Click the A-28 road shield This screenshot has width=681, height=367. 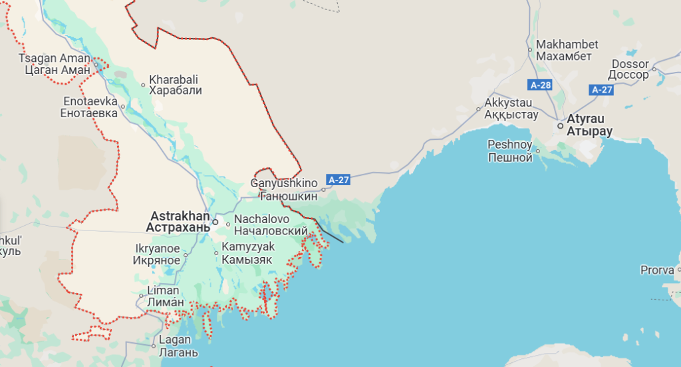pos(541,85)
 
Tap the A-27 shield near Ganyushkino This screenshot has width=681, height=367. pos(338,179)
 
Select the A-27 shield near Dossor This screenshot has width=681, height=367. pos(602,90)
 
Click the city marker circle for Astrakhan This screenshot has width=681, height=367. pos(215,222)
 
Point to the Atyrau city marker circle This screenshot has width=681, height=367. pos(561,125)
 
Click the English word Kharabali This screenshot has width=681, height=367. pos(174,79)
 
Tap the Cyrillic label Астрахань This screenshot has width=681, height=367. pos(178,227)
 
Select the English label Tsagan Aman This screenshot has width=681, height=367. pos(53,58)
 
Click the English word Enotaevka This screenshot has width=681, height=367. pos(89,103)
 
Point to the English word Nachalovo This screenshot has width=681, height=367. pos(262,219)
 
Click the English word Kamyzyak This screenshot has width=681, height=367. pos(248,247)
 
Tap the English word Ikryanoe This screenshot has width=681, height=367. pos(158,248)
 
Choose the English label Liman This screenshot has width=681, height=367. pos(163,290)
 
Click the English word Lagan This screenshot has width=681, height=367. pos(175,341)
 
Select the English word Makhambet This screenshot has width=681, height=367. pos(567,45)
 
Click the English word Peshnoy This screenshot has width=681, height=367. pos(509,145)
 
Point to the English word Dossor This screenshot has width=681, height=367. pos(630,65)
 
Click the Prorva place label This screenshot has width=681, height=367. pos(656,270)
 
